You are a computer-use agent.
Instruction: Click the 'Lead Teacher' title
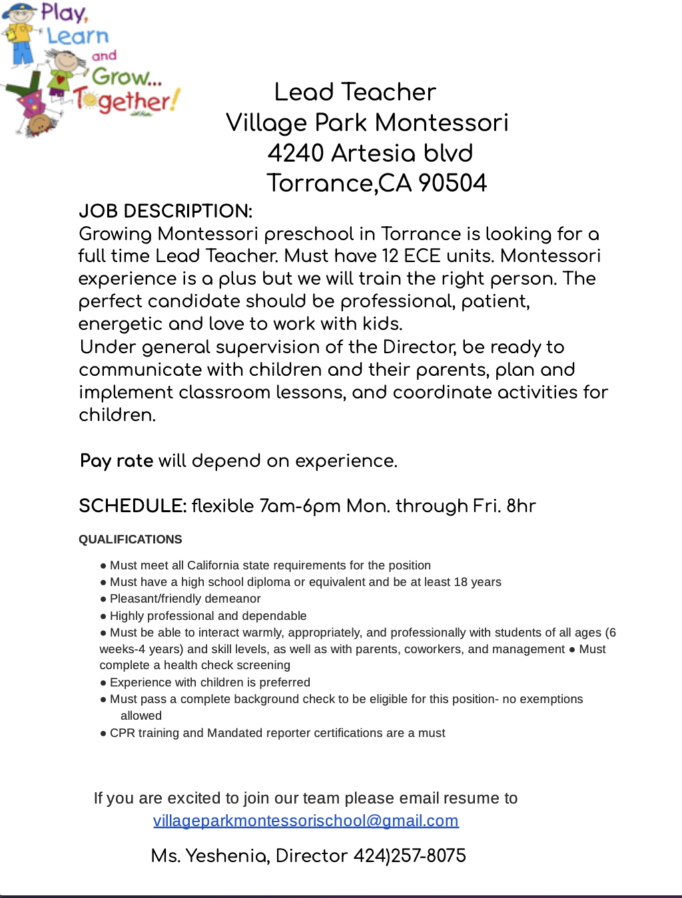(355, 92)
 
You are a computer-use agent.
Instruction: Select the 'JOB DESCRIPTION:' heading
(165, 211)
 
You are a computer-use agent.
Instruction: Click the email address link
(306, 820)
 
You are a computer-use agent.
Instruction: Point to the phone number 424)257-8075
(410, 855)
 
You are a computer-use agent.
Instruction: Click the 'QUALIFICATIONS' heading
(130, 539)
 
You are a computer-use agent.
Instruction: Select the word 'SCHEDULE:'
(133, 506)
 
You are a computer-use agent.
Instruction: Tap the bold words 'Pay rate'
(117, 460)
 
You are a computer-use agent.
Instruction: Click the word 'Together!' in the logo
(127, 100)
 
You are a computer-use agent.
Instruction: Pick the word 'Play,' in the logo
(65, 12)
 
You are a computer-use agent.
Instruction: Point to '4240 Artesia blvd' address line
(370, 153)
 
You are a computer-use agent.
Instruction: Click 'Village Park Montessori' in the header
(367, 122)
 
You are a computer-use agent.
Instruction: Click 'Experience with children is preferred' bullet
(209, 682)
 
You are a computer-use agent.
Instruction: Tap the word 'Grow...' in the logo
(125, 76)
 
